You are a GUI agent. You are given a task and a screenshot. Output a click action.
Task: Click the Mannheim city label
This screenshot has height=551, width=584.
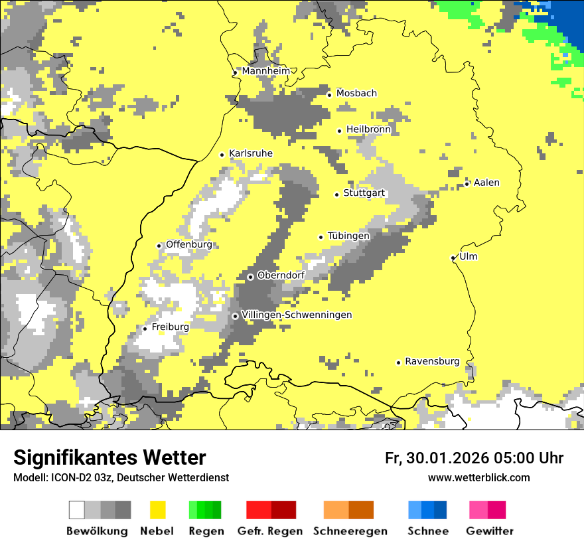(x=266, y=71)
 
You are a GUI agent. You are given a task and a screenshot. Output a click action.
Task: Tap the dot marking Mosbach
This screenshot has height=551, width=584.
(x=329, y=95)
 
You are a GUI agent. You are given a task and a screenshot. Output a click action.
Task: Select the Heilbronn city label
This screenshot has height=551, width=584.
(x=368, y=129)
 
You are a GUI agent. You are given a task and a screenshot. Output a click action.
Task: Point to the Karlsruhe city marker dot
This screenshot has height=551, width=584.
(x=222, y=155)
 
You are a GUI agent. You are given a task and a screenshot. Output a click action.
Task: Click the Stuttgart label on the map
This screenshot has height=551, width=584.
(x=364, y=193)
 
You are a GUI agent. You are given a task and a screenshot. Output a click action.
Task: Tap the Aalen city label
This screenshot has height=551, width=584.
(x=486, y=183)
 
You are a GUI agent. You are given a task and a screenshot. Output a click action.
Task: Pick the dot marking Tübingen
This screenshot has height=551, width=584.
(x=321, y=237)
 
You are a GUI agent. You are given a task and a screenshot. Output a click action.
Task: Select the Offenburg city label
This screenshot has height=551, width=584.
(x=188, y=244)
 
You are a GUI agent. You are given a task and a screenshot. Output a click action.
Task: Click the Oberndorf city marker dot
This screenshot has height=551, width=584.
(x=250, y=277)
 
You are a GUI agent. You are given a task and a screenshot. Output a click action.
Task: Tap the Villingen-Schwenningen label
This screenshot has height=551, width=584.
(x=297, y=315)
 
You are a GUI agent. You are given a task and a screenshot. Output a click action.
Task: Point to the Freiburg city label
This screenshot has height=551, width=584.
(x=170, y=327)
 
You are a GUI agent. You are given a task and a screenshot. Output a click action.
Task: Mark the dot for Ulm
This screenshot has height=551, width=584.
(x=453, y=258)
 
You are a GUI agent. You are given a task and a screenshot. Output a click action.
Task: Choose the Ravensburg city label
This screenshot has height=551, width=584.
(x=432, y=361)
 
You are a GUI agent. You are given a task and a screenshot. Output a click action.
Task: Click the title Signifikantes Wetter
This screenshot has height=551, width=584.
(x=110, y=457)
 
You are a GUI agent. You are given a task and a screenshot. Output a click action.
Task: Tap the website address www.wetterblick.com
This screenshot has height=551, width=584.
(x=478, y=477)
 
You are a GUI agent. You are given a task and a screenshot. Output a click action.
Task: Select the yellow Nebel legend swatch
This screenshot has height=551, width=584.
(x=158, y=510)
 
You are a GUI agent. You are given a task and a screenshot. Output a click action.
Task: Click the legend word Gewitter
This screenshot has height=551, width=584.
(x=490, y=531)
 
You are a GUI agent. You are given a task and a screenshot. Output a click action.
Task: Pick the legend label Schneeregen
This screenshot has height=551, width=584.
(x=350, y=531)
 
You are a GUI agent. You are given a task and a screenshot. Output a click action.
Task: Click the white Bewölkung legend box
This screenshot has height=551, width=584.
(x=77, y=510)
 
